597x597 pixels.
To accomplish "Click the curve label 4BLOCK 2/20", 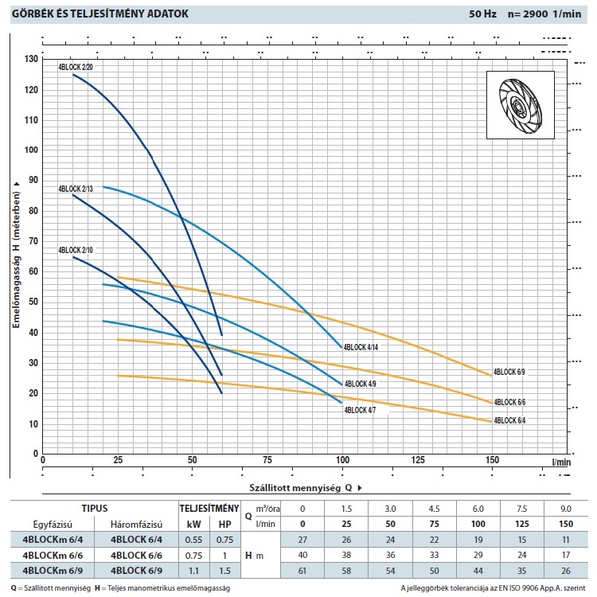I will coord(75,68).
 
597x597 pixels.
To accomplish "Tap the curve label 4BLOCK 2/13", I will coord(75,189).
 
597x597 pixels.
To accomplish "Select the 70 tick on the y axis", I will coord(32,242).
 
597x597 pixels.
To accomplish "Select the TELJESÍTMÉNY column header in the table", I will coord(209,508).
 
